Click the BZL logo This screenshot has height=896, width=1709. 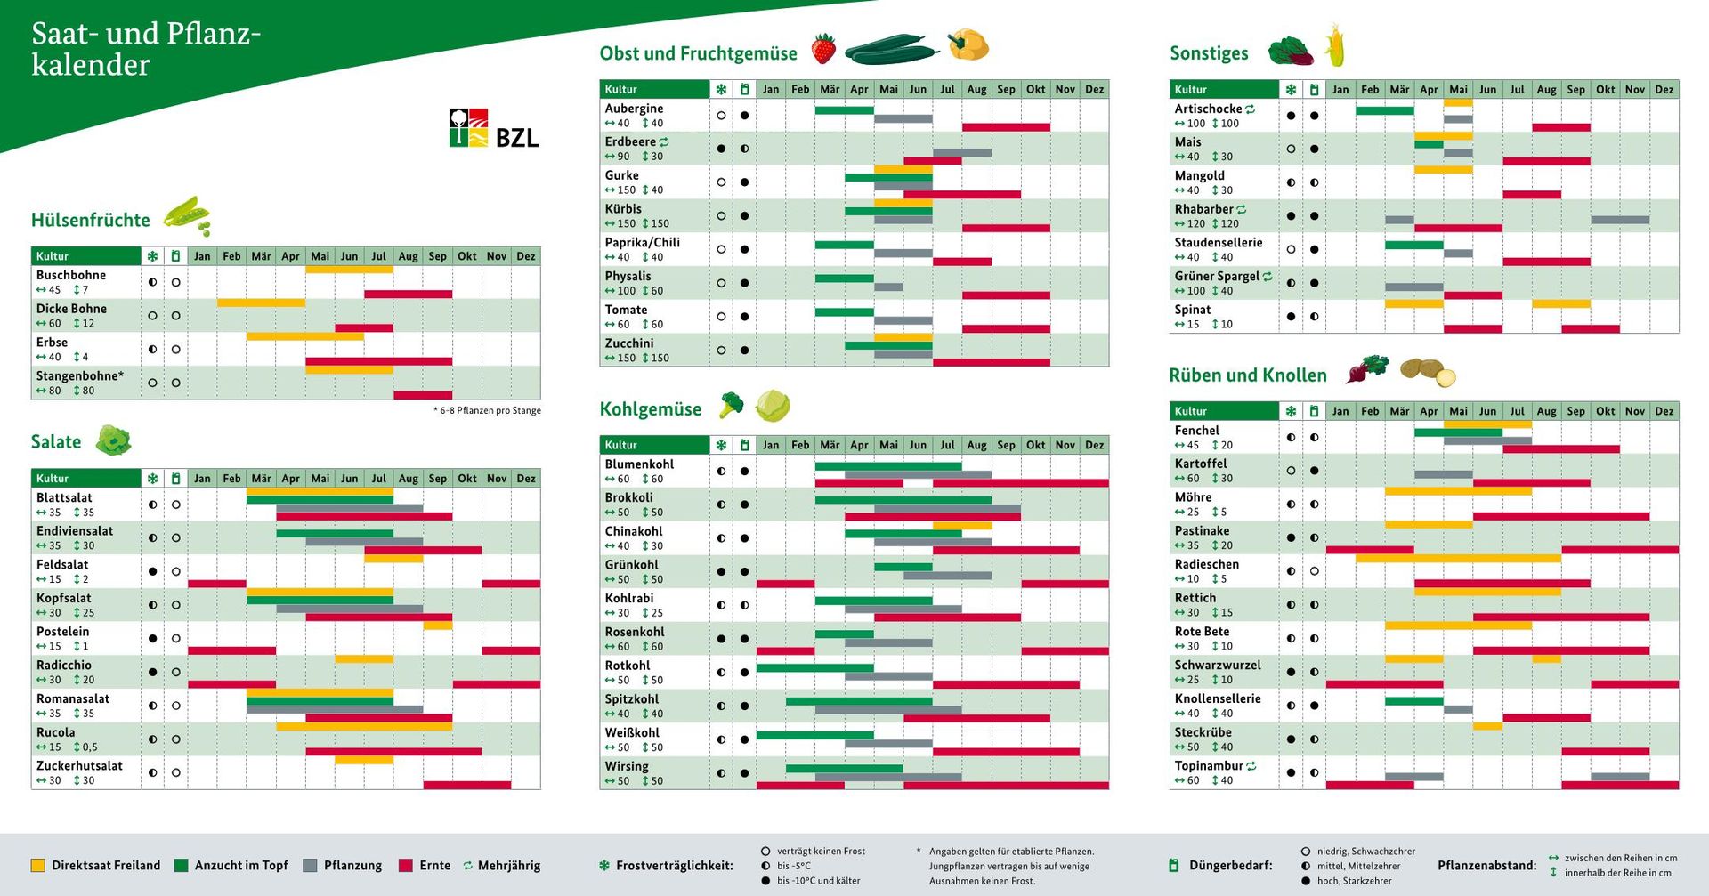pos(493,129)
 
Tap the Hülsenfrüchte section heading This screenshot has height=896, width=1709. pos(91,220)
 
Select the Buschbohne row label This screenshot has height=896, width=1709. pos(71,276)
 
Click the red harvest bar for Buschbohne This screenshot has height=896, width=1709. pos(408,294)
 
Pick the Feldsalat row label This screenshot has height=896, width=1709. pos(62,565)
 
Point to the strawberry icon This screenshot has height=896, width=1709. pos(824,48)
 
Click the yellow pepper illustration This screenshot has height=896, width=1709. pos(968,44)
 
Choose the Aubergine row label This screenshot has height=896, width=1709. pos(634,109)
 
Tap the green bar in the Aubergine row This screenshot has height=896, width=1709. pos(844,110)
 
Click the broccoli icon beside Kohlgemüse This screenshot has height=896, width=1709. pos(731,405)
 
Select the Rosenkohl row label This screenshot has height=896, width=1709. pos(635,632)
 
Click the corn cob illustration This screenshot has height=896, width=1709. pos(1335,46)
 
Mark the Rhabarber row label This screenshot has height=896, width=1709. pos(1203,209)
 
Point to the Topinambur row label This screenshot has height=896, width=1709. pos(1208,766)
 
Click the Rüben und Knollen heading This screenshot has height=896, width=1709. pos(1248,375)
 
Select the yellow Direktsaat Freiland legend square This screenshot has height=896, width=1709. pos(37,865)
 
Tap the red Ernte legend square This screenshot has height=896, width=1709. pos(406,865)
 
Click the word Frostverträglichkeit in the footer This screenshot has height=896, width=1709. pos(675,865)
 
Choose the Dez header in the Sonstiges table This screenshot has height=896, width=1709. pos(1664,90)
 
